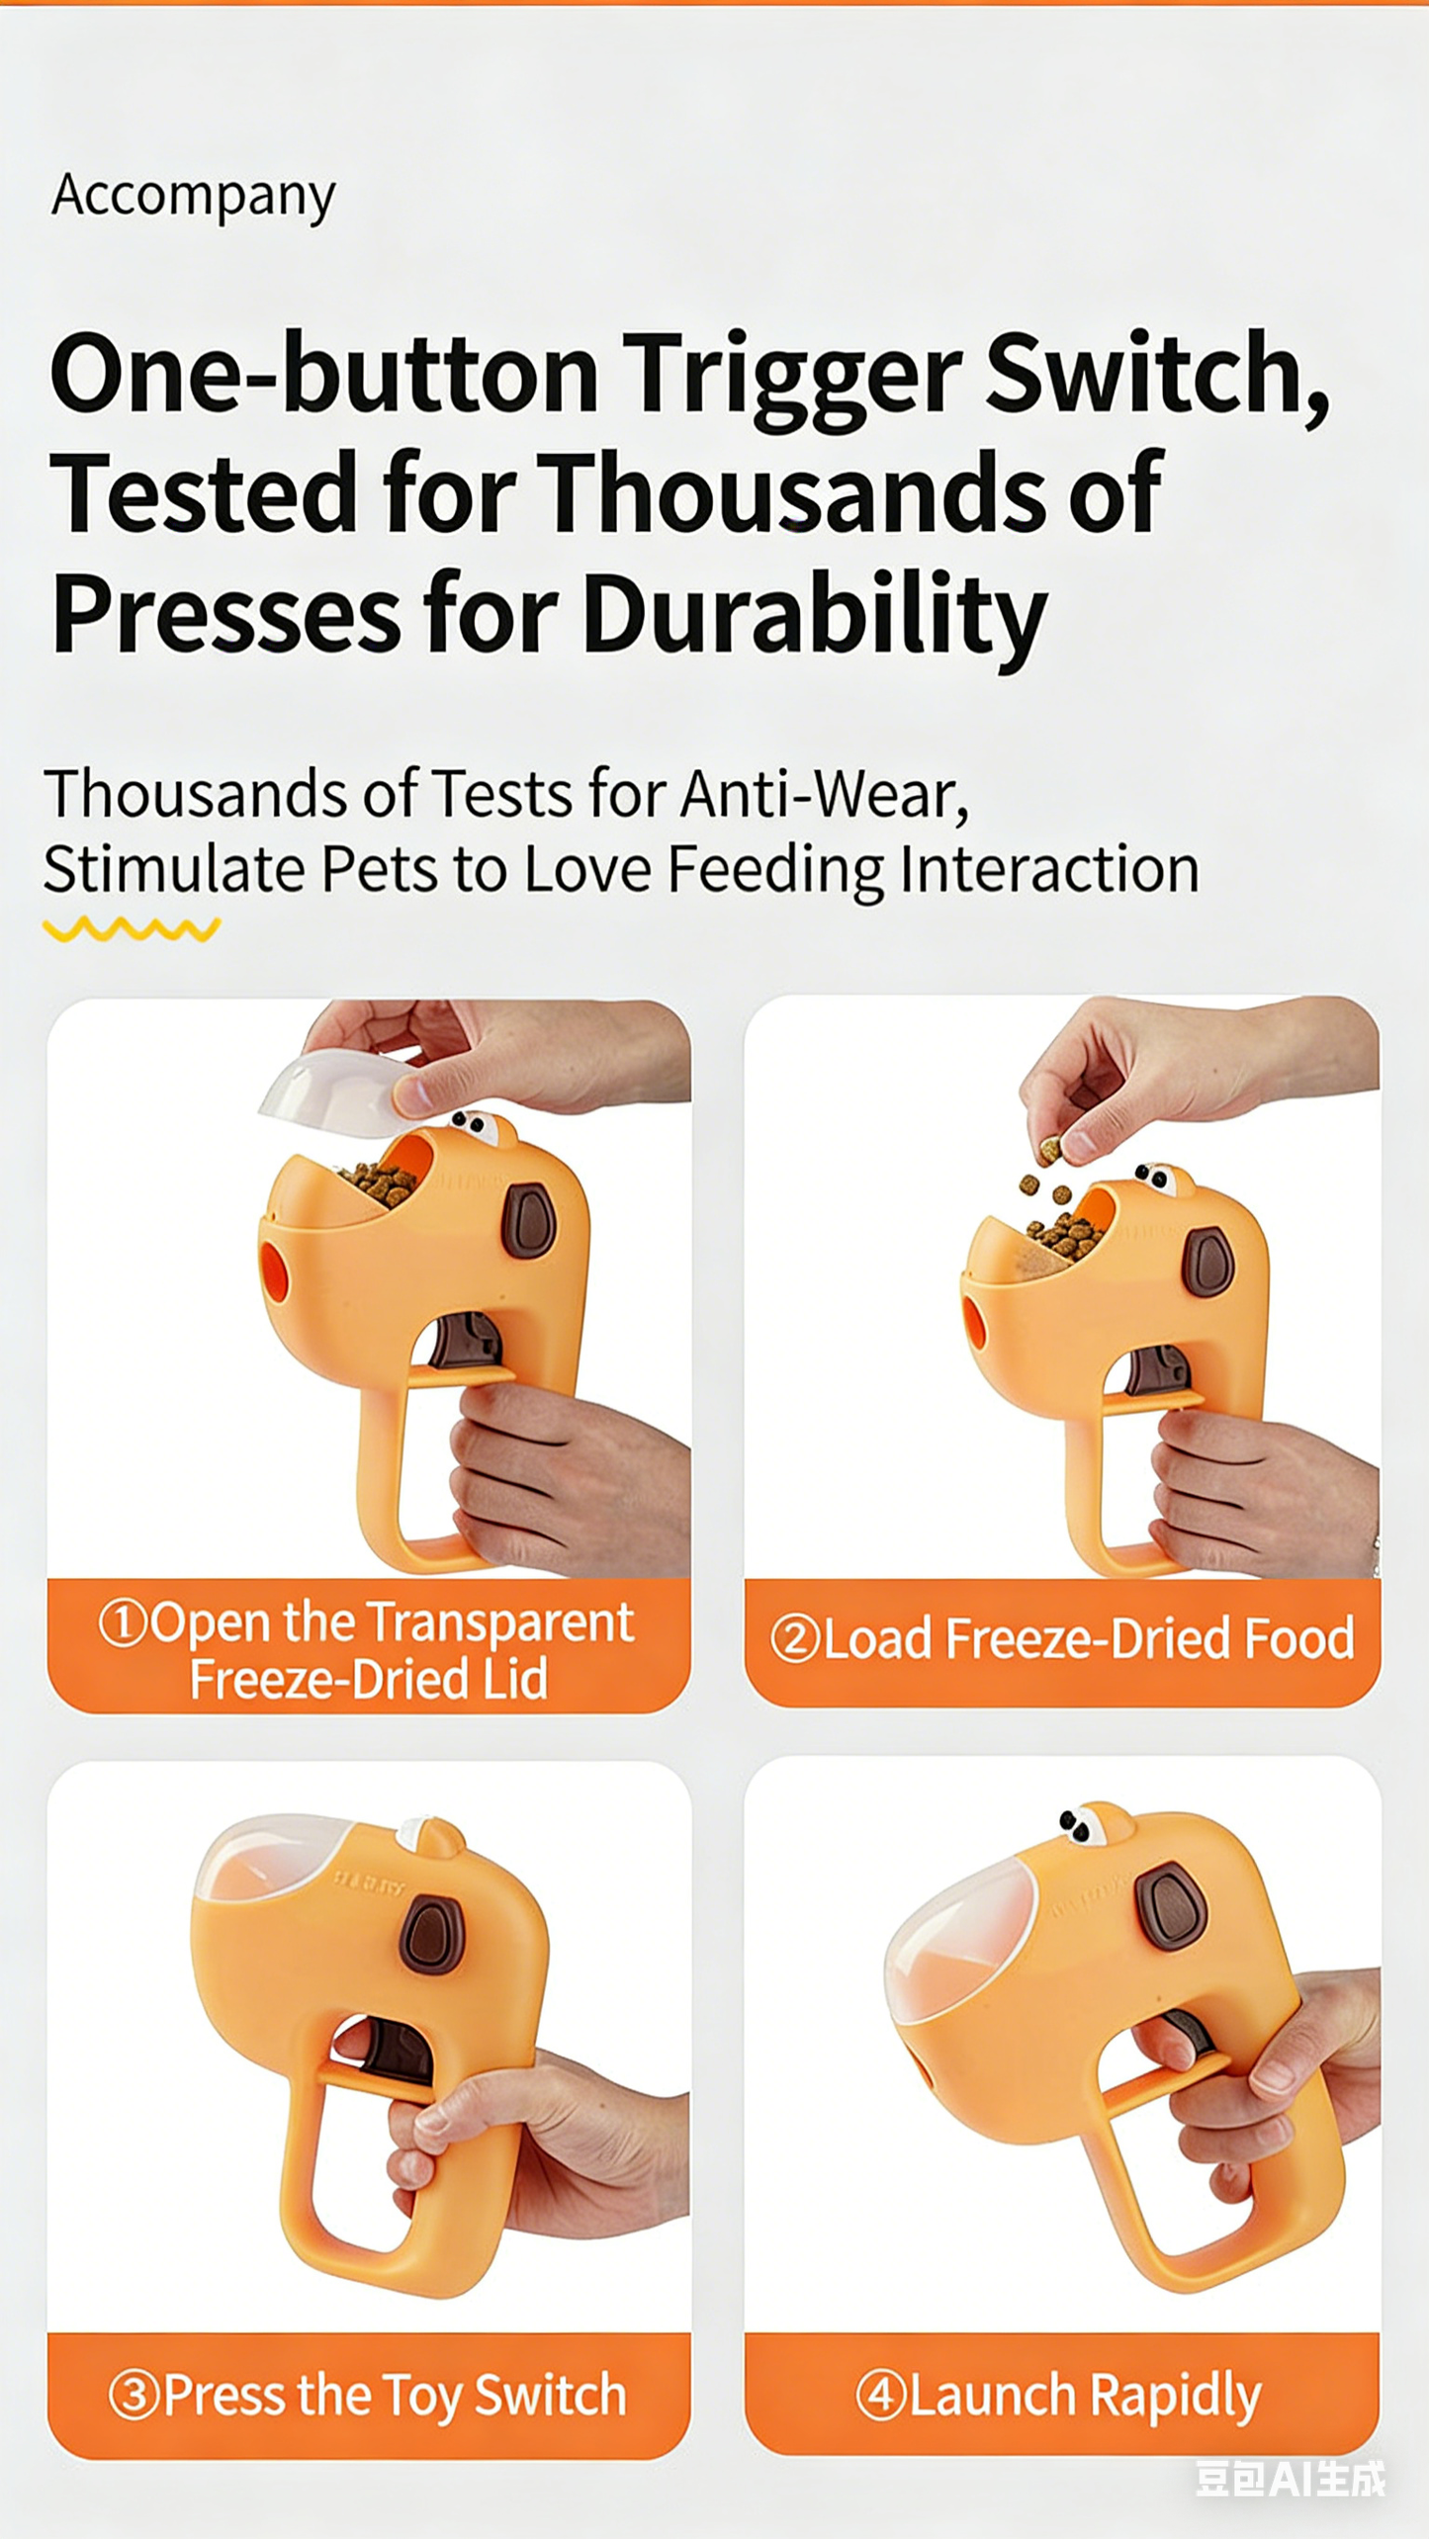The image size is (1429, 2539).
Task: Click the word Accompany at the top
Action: click(194, 196)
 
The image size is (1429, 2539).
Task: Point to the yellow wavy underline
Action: click(132, 928)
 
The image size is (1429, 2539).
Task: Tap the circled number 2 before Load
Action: click(795, 1638)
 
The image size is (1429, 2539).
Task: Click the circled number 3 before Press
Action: click(134, 2396)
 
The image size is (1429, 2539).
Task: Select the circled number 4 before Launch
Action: click(880, 2395)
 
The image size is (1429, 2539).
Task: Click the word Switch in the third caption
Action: click(550, 2395)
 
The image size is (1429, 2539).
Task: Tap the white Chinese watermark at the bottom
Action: click(1290, 2479)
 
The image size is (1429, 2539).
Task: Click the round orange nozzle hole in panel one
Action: click(273, 1271)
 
